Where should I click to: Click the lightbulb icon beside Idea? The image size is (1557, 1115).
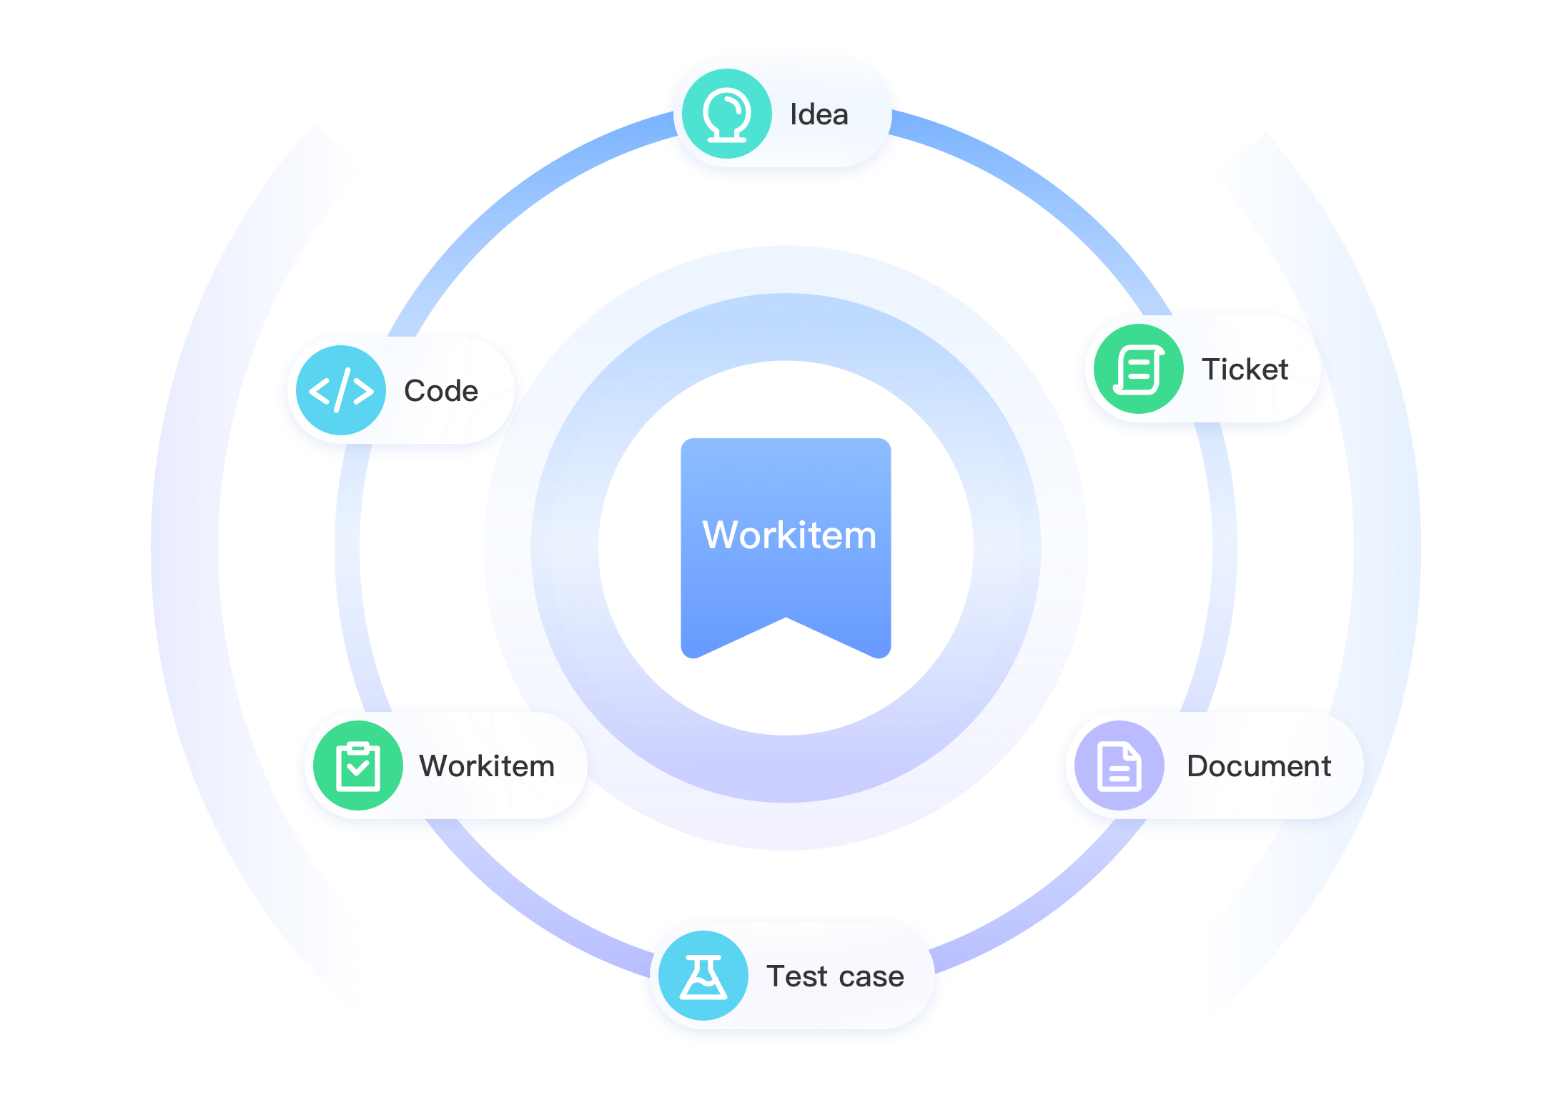tap(726, 114)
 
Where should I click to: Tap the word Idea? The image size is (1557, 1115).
tap(819, 115)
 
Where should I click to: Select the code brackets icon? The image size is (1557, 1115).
tap(341, 390)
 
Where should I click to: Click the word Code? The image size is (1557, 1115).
tap(441, 391)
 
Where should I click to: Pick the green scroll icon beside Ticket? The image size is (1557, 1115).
tap(1138, 369)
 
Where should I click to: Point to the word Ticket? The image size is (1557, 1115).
tap(1245, 370)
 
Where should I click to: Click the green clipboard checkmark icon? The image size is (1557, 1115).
tap(357, 765)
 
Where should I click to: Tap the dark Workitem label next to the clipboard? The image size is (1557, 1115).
tap(487, 766)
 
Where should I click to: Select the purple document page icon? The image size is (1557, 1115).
tap(1119, 765)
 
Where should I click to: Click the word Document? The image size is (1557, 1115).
tap(1259, 766)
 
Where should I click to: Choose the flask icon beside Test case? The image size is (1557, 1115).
tap(703, 976)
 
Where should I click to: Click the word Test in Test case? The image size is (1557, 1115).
tap(796, 976)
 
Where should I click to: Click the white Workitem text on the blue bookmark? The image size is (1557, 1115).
tap(789, 535)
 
